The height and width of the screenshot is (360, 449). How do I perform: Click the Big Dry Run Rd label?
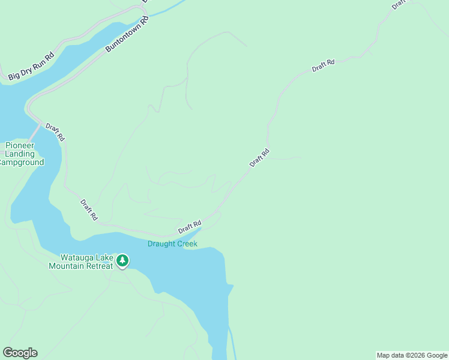[x=31, y=66]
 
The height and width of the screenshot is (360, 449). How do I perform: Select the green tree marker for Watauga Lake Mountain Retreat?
[x=122, y=260]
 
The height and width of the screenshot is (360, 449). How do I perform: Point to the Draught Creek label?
[x=172, y=244]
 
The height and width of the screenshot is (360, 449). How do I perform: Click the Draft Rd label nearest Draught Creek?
[x=189, y=227]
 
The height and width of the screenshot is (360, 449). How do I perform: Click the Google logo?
[x=20, y=353]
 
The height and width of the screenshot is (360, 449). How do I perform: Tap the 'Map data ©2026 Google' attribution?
[x=412, y=355]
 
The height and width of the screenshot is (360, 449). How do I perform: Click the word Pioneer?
[x=20, y=146]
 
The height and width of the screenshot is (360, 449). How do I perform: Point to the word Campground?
[x=22, y=163]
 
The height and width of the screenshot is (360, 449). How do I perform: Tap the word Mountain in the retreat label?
[x=67, y=266]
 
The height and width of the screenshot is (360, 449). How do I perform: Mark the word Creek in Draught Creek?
[x=187, y=244]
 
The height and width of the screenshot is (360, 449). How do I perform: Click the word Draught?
[x=161, y=244]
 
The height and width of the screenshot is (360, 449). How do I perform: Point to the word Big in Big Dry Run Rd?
[x=13, y=76]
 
